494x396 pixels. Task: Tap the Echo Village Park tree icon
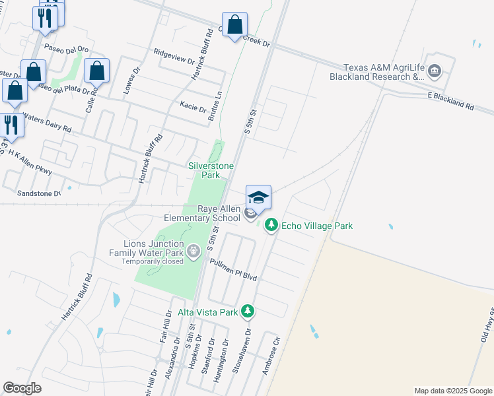click(x=271, y=226)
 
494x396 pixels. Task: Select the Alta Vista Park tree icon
click(x=248, y=311)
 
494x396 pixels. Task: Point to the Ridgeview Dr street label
click(x=174, y=57)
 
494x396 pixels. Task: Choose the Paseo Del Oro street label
click(x=66, y=49)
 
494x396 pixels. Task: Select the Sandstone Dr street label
click(x=38, y=193)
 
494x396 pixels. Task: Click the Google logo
click(x=22, y=388)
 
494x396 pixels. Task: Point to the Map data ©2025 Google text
click(x=452, y=391)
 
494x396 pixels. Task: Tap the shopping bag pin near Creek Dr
click(x=234, y=26)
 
